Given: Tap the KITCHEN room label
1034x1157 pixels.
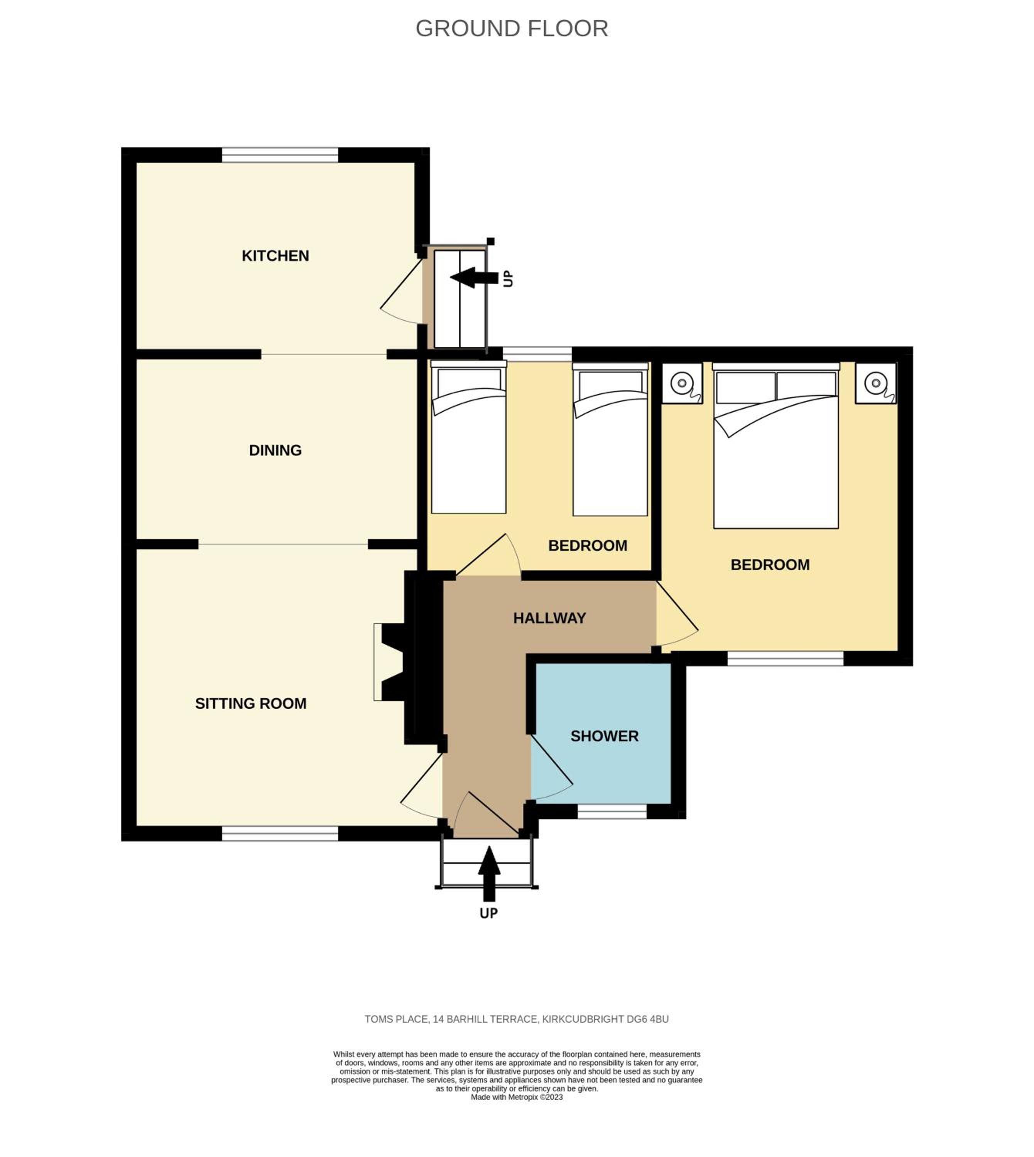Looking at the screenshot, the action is point(275,256).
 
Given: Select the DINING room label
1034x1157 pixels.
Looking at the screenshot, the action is point(275,450).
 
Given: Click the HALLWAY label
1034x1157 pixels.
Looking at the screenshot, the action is point(549,618).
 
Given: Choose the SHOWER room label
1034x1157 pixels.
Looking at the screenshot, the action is point(605,736).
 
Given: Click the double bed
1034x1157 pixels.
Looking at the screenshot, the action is point(775,446).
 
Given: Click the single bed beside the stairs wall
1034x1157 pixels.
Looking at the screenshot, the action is point(469,437).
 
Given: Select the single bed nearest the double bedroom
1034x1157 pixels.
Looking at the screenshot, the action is point(610,439).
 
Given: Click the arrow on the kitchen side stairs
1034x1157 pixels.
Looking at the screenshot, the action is point(474,278).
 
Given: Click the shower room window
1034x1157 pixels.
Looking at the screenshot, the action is point(612,811).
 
